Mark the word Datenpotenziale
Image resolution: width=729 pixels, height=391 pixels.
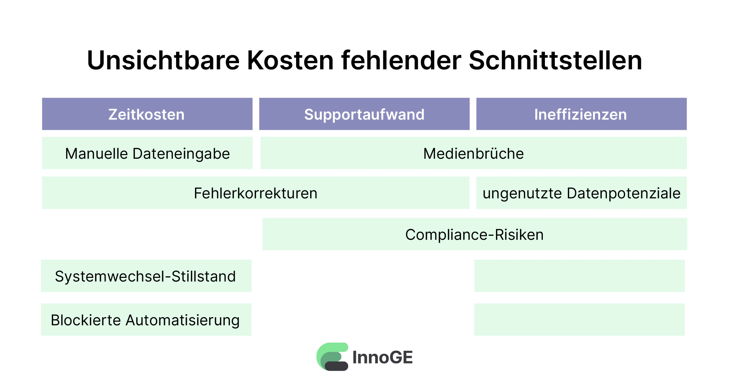pos(623,194)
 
